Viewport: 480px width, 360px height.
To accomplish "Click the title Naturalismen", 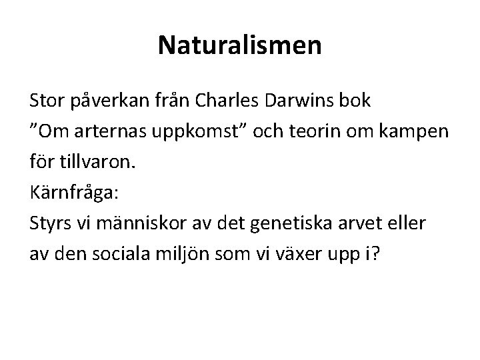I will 240,46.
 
